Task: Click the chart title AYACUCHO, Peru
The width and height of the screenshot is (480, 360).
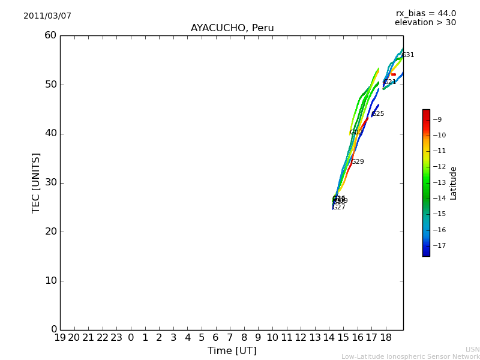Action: tap(232, 28)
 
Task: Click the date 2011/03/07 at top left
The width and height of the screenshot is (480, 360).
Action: tap(47, 16)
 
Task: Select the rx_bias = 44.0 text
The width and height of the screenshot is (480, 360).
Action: tap(425, 13)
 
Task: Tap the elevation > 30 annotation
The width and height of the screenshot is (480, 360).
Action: tap(425, 23)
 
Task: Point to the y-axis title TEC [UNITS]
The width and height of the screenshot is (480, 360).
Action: tap(36, 182)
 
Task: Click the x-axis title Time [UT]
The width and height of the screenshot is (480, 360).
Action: tap(232, 350)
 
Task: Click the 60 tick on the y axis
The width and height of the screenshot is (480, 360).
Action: tap(50, 35)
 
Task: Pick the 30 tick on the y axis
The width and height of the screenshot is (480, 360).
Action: tap(50, 182)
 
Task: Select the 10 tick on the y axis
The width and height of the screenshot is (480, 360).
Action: tap(50, 281)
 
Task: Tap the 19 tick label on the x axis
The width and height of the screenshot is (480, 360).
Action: tap(60, 338)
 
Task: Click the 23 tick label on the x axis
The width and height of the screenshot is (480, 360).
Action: tap(116, 338)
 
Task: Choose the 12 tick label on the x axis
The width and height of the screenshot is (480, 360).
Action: tap(301, 338)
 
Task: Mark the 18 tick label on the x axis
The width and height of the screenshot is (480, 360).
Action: tap(386, 338)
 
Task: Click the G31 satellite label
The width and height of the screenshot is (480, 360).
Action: tap(408, 55)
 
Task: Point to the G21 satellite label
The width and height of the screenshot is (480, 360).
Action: tap(390, 82)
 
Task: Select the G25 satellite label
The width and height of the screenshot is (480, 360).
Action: tap(378, 114)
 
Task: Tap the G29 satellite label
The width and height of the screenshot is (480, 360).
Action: tap(358, 162)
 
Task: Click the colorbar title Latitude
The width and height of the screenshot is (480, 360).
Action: tap(453, 182)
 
